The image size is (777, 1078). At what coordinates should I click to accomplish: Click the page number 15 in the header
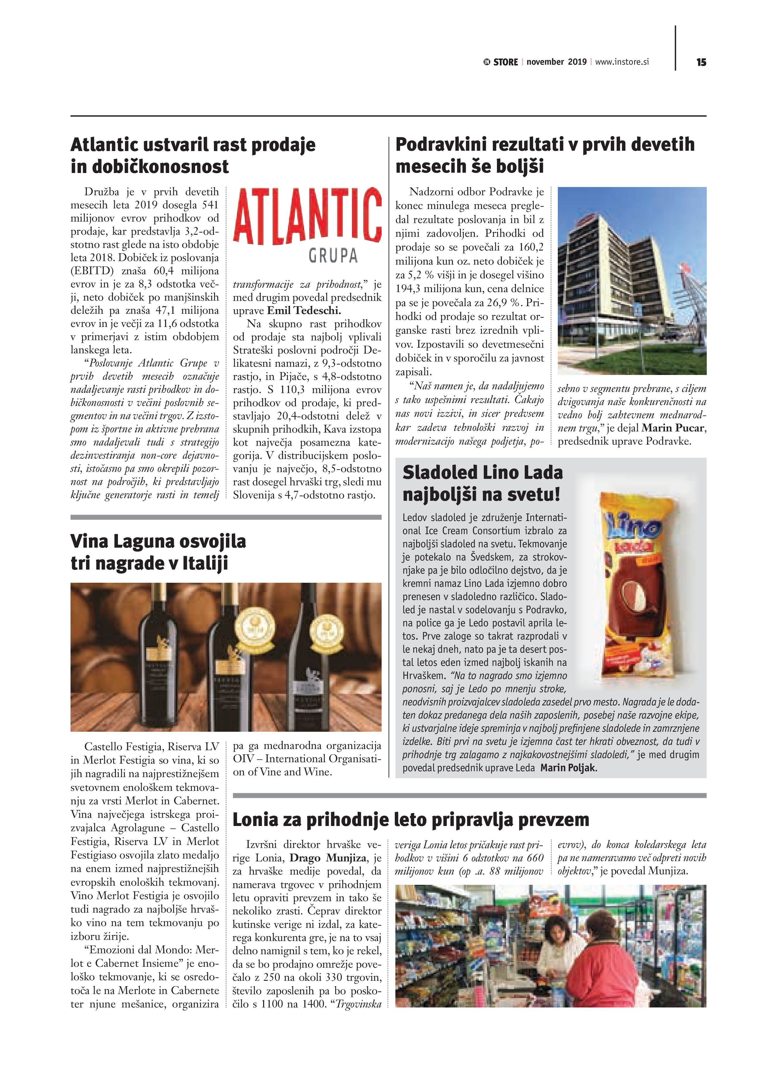(701, 62)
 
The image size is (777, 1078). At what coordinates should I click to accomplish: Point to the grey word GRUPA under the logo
(333, 256)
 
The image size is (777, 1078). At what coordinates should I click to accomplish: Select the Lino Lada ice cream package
(639, 585)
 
